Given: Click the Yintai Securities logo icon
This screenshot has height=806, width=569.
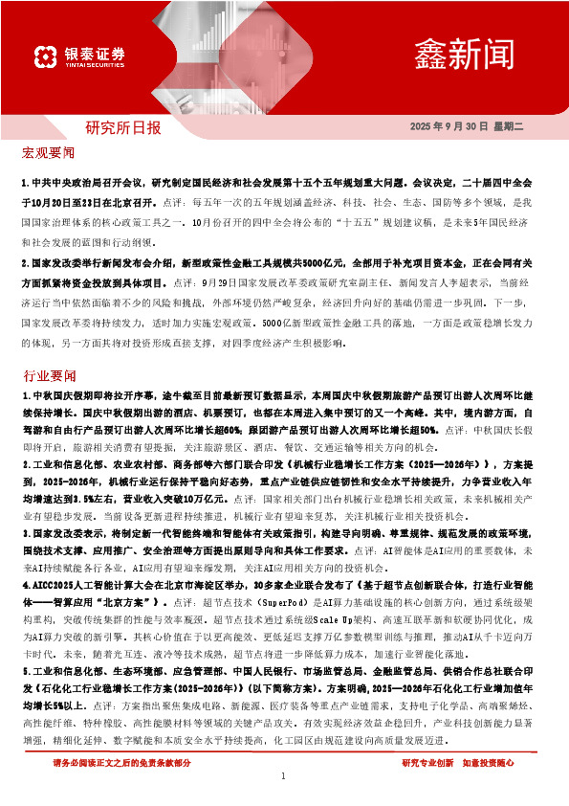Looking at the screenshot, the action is coord(46,56).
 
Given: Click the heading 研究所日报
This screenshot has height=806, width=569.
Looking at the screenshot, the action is coord(123,127).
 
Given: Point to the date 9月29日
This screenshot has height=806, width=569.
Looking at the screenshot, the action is coord(215,283).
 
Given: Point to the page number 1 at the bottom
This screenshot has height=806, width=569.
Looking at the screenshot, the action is coord(284,775).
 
